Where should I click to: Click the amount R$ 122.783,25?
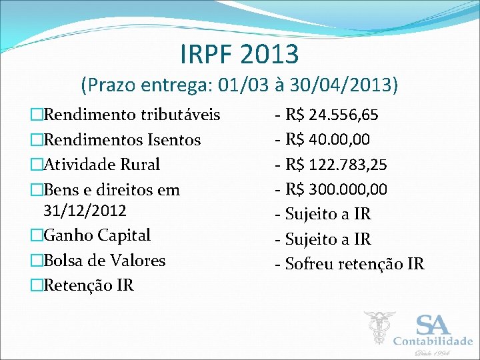pos(336,165)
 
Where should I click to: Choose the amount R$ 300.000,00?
pos(336,189)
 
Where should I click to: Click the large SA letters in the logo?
pos(433,325)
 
